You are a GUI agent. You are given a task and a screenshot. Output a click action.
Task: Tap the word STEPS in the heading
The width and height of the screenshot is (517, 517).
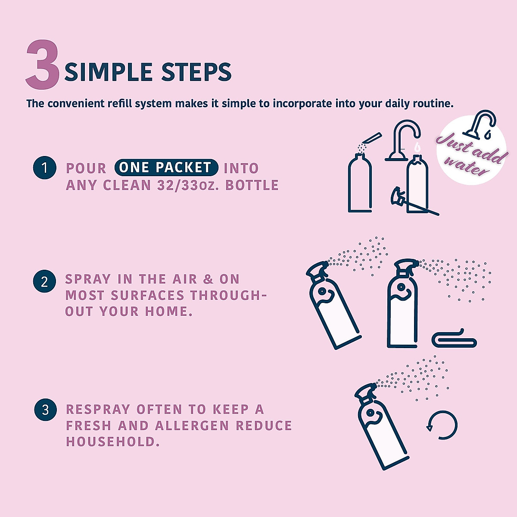point(196,72)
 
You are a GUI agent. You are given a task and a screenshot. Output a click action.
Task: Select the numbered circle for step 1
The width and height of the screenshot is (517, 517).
point(45,168)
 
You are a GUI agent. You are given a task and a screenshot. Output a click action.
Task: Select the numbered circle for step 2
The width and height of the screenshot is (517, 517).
point(44,282)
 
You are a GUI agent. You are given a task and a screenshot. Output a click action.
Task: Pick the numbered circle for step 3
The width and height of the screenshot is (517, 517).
point(45,409)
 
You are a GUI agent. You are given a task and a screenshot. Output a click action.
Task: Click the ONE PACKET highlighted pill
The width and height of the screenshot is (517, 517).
point(166,168)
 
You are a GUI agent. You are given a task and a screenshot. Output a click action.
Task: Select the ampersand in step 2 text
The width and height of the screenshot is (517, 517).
point(209,279)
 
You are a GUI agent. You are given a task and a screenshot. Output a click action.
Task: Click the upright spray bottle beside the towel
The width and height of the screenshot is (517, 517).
point(402,306)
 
